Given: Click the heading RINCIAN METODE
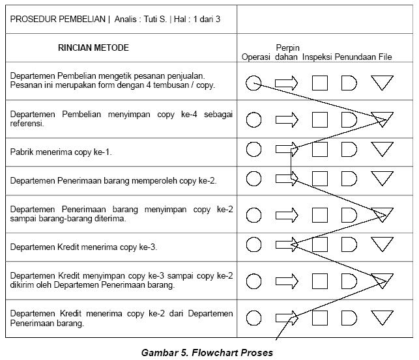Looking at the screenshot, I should pos(93,48).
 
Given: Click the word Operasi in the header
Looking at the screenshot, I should pos(256,57).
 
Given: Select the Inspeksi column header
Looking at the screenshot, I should pos(317,57).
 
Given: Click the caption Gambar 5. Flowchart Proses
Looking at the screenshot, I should pos(207,353).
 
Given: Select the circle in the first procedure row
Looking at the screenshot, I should pos(254,83).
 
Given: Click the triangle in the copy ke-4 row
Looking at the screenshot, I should pos(382,118).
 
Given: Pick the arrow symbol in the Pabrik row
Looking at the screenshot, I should pos(286,150).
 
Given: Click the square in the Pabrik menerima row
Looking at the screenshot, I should pos(319,150).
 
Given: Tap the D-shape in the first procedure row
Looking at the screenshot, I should pos(349,83).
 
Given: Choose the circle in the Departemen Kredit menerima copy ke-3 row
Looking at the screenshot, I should pos(254,245).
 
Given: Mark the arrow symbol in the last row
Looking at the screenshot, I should pos(286,318).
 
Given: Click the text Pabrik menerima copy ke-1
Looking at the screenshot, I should pos(61,152).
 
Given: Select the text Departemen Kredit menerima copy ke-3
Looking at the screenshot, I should pos(83,247).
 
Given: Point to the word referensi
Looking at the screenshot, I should pos(27,124).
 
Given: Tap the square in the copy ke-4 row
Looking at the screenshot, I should pos(319,119).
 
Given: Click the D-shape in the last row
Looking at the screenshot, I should pos(349,318).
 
